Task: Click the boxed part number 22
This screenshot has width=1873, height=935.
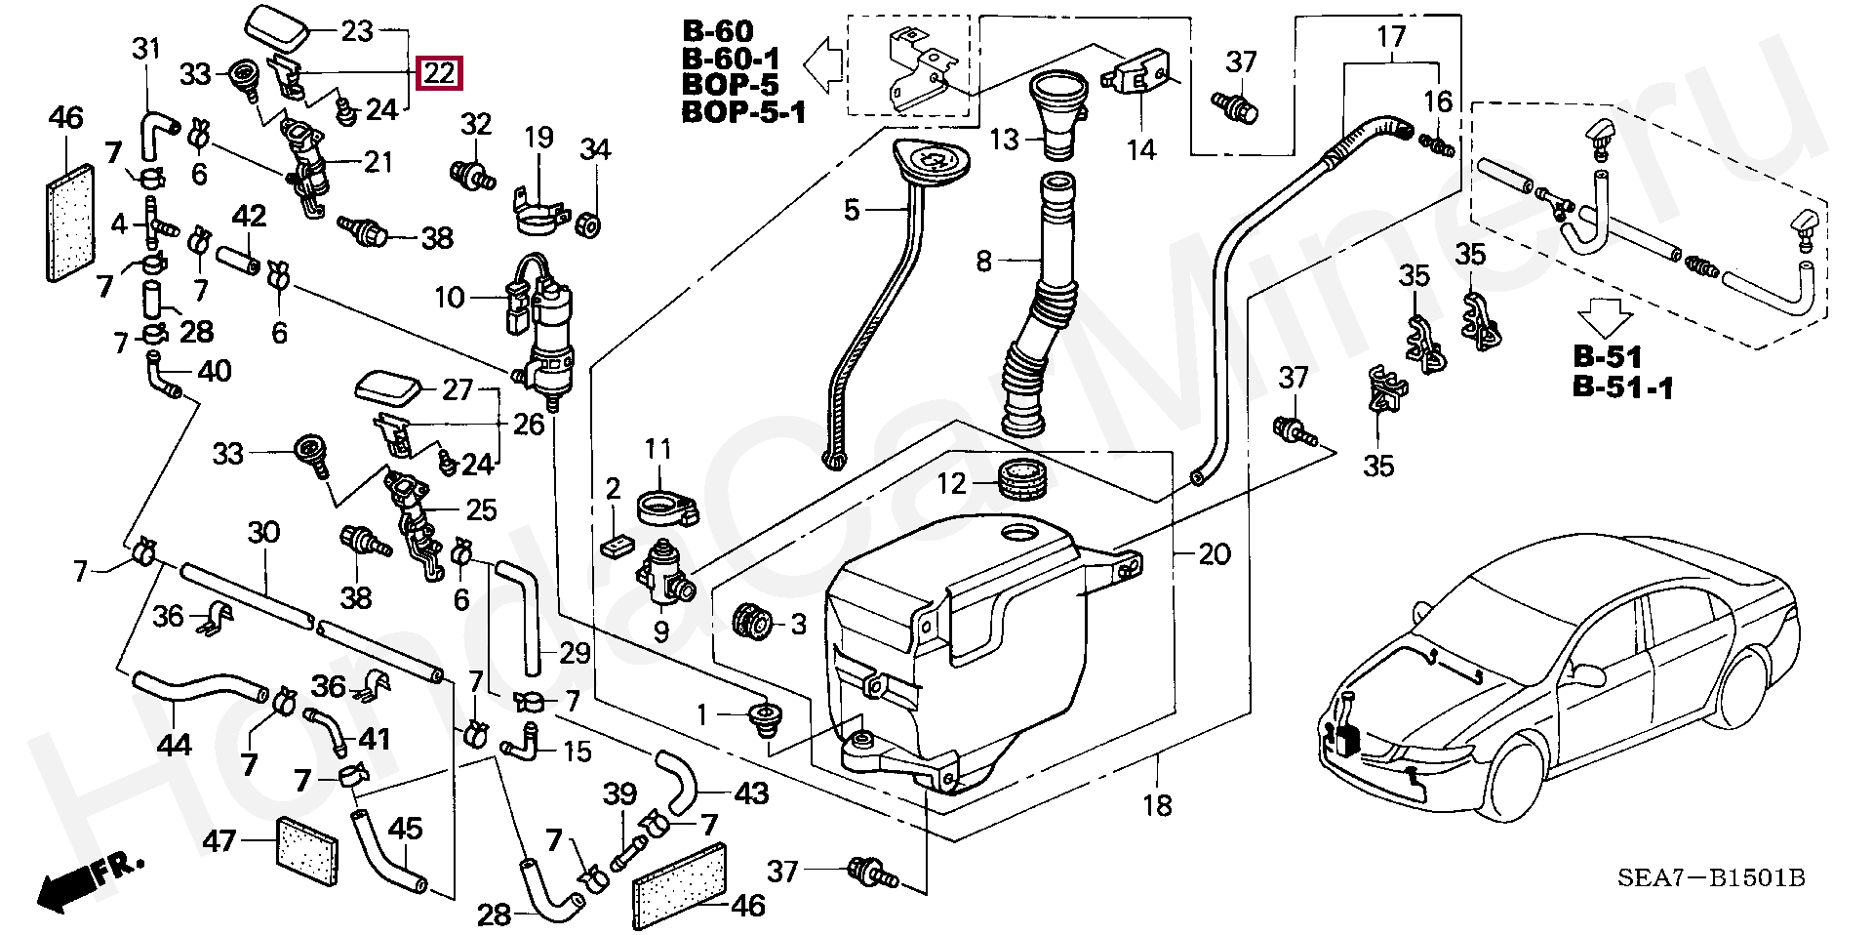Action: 439,73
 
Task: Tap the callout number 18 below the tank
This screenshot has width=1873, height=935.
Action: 1158,806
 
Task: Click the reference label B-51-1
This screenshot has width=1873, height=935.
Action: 1622,388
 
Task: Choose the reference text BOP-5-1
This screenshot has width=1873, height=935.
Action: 743,113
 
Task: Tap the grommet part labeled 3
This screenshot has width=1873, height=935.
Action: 752,620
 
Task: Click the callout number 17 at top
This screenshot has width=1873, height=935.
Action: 1391,38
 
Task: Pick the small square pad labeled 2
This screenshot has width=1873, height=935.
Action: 617,546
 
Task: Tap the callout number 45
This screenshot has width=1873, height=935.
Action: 406,830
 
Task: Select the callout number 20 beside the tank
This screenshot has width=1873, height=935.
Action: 1214,554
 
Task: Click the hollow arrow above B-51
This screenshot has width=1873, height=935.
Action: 1606,318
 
